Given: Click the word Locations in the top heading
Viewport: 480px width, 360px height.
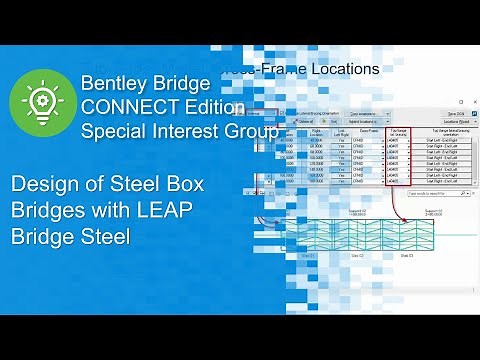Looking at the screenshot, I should click(x=342, y=69).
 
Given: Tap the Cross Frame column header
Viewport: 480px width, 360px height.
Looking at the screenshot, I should click(x=367, y=131).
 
